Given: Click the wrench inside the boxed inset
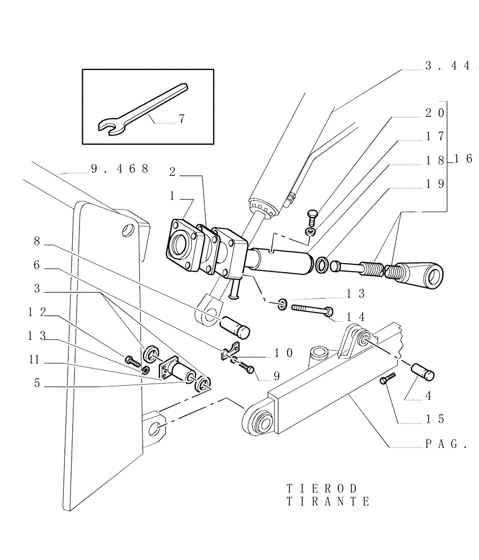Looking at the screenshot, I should coord(143,109).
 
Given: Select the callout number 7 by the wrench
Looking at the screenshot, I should coord(182,119).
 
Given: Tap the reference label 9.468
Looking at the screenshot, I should coord(119,168).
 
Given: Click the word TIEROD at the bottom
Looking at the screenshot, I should coord(321,489).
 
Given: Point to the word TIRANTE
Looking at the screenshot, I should coord(328,501).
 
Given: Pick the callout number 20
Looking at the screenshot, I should coord(434,113).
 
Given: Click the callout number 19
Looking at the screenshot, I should coord(434,183).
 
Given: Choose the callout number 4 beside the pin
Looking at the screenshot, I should coord(428,396).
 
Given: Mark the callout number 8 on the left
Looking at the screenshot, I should coord(37,241).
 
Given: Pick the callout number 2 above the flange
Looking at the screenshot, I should coord(172,172).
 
